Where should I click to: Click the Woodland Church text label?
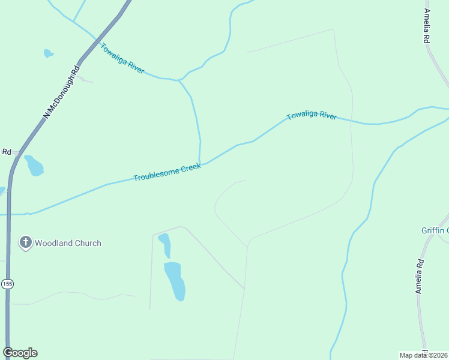[68, 243]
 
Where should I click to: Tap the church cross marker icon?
[25, 242]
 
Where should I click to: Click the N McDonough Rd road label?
[61, 92]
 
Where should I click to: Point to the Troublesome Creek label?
[167, 173]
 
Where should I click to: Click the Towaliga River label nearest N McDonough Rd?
[122, 58]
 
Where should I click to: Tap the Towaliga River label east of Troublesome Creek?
[312, 115]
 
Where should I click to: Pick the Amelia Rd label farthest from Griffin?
[427, 26]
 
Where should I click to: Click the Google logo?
[20, 353]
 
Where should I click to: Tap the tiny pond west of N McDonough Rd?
[48, 53]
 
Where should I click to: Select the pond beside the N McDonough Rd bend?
[34, 166]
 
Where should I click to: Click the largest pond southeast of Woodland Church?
[175, 280]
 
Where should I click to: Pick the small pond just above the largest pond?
[164, 244]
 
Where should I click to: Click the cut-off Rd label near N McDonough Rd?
[7, 152]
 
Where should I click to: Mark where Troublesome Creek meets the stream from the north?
[200, 163]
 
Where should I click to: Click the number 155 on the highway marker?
[7, 284]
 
